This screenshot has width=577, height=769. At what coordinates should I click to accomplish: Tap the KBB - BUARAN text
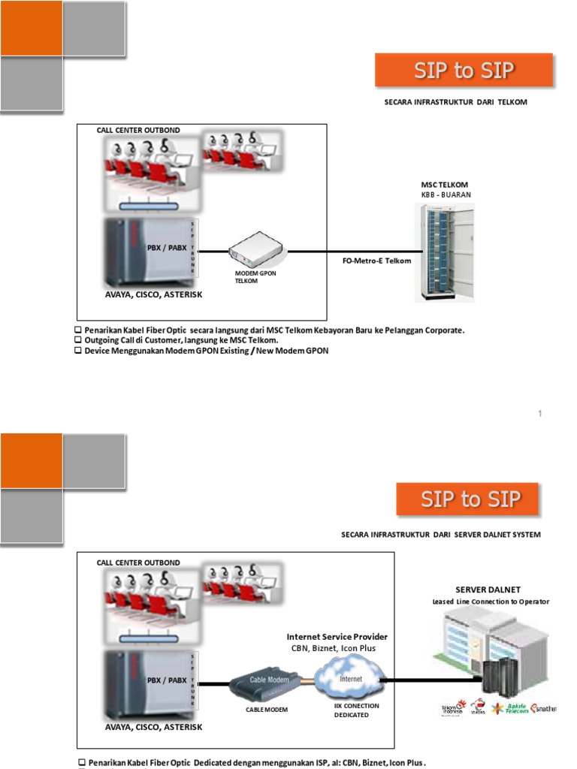tap(446, 194)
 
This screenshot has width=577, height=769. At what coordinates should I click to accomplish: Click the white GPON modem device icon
tap(255, 249)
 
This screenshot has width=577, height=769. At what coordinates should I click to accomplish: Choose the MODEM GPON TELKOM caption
tap(255, 277)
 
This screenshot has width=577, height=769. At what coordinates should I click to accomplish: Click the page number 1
tap(539, 414)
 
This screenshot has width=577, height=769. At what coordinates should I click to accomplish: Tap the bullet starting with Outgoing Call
tap(180, 340)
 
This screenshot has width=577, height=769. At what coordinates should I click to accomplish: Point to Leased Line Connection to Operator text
tap(491, 602)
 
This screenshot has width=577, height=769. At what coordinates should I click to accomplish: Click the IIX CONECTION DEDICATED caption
tap(356, 710)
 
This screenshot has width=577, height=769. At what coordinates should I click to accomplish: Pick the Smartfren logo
tap(543, 708)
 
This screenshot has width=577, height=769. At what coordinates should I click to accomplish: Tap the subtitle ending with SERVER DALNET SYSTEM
tap(440, 535)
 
